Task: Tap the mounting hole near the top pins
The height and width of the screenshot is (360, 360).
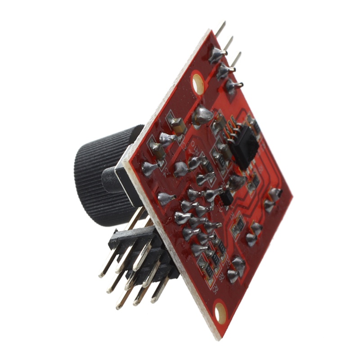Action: [198, 83]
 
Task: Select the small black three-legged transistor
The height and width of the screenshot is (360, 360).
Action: [227, 198]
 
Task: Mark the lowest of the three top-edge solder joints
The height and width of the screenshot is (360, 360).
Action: [232, 85]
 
